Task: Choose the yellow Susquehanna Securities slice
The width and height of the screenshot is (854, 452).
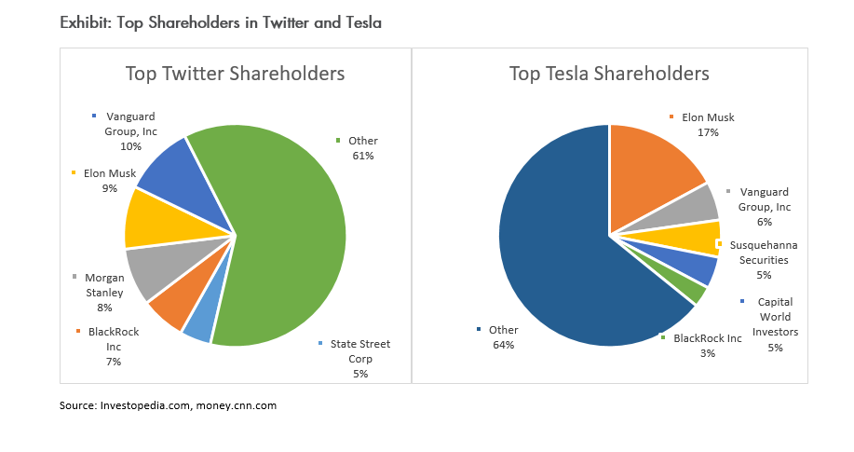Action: [x=694, y=238]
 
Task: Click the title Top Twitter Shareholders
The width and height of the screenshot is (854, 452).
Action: [x=236, y=74]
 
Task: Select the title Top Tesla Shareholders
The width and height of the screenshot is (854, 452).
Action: [x=609, y=74]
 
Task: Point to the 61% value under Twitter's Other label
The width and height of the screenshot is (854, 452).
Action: [x=363, y=156]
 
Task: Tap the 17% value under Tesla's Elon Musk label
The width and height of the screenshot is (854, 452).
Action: [x=707, y=133]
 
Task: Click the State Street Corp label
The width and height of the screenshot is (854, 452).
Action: [x=360, y=350]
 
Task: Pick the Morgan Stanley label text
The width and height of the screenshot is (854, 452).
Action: [x=104, y=284]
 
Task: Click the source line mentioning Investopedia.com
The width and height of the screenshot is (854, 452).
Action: [x=168, y=405]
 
